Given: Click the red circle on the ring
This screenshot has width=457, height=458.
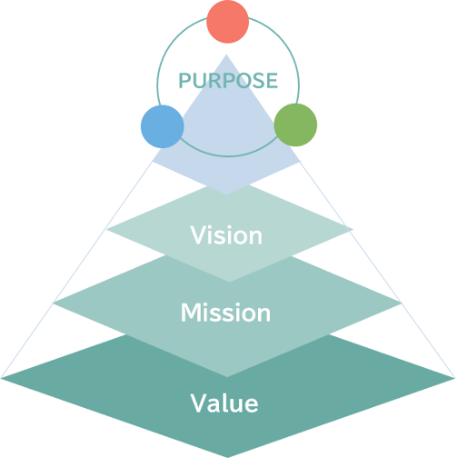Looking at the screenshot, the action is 228,22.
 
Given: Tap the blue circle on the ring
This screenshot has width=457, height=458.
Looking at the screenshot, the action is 163,126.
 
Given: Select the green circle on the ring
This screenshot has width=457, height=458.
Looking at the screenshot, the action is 295,124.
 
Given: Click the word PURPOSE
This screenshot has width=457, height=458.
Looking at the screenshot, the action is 228,81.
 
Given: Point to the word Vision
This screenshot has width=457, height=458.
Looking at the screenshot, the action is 226,235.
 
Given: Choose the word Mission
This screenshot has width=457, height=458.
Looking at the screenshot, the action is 225,313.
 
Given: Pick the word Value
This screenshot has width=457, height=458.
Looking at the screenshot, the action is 224,403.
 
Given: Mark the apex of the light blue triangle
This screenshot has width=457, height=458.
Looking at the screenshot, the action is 226,55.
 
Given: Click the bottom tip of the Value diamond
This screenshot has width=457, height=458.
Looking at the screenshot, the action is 228,457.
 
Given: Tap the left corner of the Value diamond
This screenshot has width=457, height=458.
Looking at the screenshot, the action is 1,378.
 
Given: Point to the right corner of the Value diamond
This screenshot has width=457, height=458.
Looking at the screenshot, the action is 455,378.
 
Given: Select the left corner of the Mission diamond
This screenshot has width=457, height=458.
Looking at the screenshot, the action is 54,302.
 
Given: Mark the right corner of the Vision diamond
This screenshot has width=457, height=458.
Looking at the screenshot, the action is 353,229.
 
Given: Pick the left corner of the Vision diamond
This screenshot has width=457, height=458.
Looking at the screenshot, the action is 106,230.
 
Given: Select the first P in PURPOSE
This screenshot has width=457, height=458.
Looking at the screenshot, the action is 185,81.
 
